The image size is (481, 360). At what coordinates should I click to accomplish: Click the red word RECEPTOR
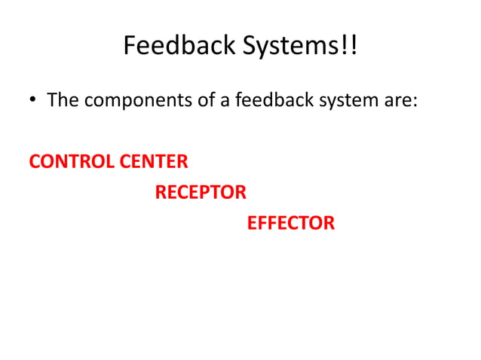coord(201,193)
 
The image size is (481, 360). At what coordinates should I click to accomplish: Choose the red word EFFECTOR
coord(290,224)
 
